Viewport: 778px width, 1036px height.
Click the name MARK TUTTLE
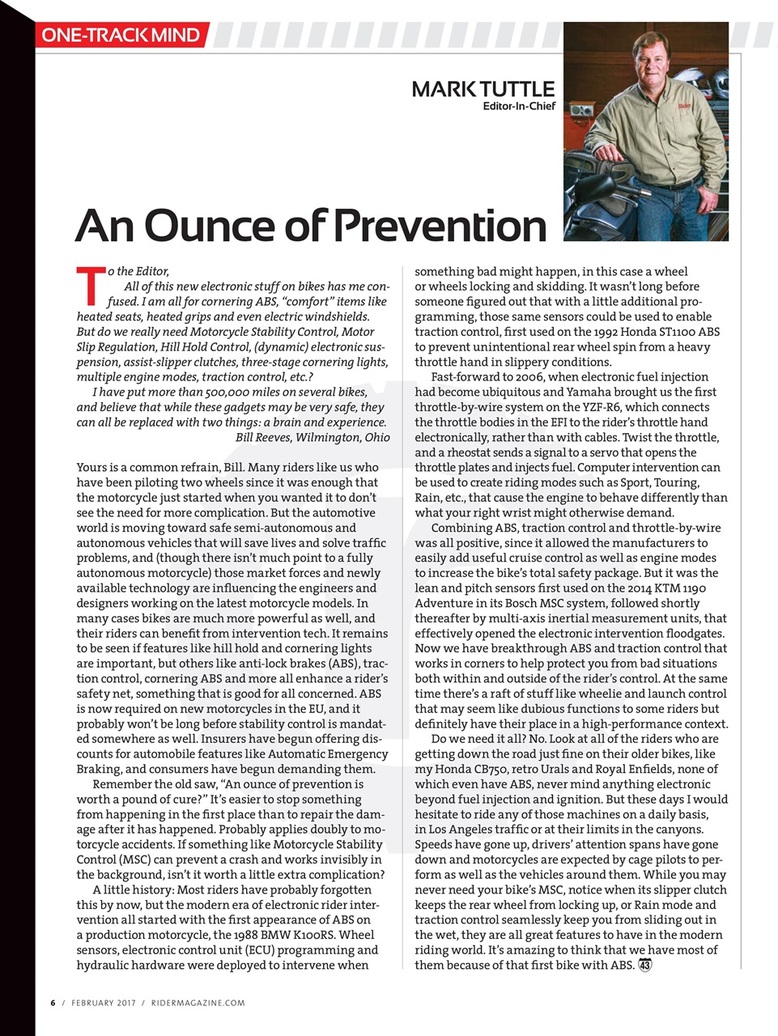pyautogui.click(x=483, y=89)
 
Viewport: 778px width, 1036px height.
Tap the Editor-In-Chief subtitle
pyautogui.click(x=519, y=106)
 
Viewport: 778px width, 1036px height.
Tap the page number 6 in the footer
pyautogui.click(x=53, y=1003)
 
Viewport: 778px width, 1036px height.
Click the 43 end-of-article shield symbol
pyautogui.click(x=645, y=965)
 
